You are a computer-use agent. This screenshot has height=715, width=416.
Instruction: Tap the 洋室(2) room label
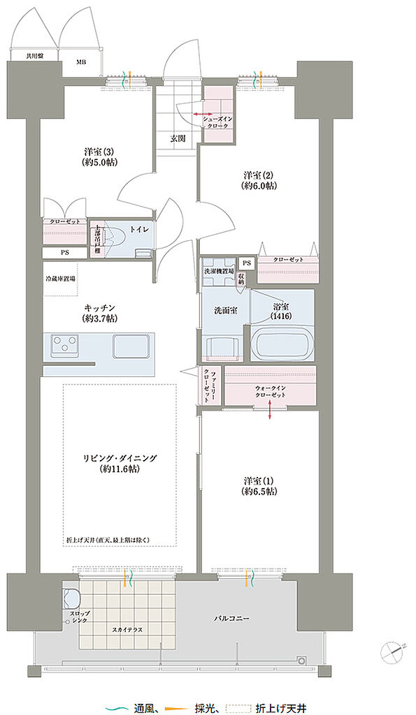259,180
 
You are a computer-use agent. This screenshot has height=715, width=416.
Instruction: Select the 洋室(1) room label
259,486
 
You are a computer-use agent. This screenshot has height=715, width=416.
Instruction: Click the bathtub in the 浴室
282,345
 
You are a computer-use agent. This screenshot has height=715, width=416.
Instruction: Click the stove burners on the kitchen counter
67,345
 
